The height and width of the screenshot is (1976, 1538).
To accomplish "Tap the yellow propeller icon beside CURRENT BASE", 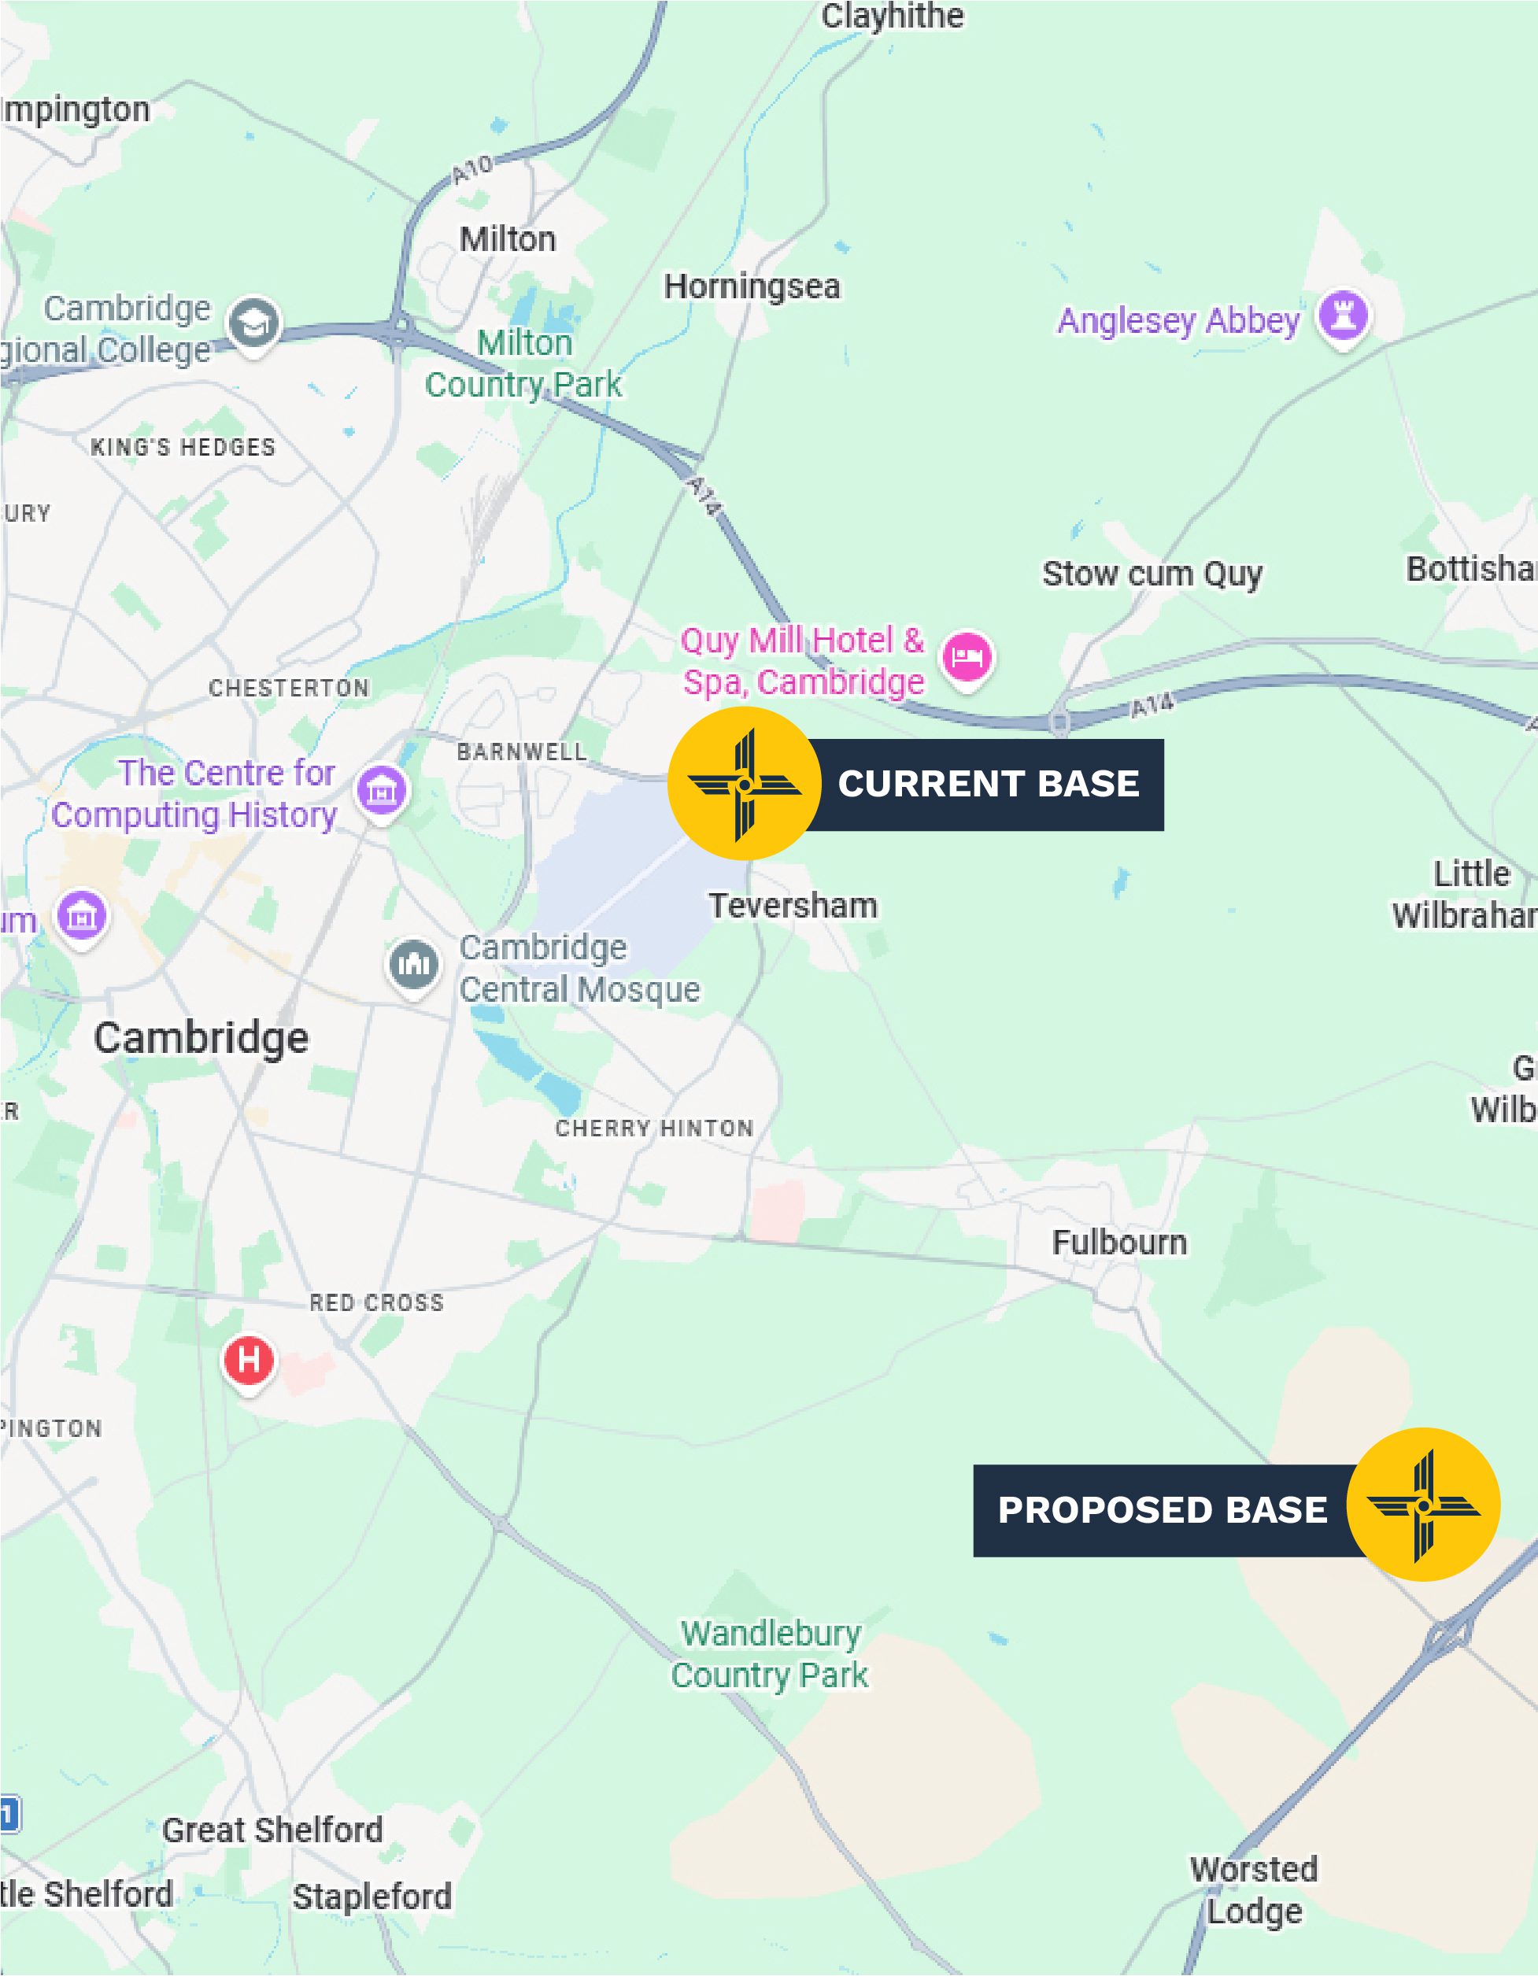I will [x=744, y=785].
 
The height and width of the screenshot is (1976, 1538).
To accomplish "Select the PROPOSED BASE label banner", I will [x=1163, y=1510].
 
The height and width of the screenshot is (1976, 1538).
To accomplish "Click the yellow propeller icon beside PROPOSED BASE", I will [x=1423, y=1505].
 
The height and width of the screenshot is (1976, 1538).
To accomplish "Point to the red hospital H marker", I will [x=249, y=1359].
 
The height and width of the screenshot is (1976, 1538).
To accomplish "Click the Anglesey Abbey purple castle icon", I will [x=1344, y=315].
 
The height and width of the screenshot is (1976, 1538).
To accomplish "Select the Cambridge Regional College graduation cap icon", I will [x=253, y=322].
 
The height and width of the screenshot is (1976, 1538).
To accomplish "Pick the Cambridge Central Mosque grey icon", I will [x=413, y=965].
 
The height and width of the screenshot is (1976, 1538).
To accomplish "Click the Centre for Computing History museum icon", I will [x=382, y=790].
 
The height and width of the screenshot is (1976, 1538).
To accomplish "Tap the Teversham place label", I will [x=793, y=906].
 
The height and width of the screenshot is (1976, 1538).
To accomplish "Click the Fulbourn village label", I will [x=1119, y=1243].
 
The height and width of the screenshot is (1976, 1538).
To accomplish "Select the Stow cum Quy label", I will [x=1152, y=574].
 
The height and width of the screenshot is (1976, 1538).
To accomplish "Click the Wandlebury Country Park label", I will [x=770, y=1654].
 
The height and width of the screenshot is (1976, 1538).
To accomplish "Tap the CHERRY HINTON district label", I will [x=654, y=1128].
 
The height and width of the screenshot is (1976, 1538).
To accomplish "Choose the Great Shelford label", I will [x=272, y=1830].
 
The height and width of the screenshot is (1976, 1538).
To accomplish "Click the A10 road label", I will [x=472, y=168].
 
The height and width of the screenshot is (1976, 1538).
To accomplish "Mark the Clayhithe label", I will [x=892, y=17].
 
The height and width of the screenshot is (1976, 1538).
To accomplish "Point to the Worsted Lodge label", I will [x=1254, y=1890].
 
